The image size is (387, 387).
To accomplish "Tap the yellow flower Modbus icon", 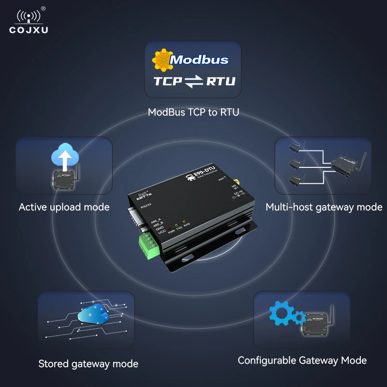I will pos(162,59).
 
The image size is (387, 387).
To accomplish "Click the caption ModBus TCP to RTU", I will pos(193,113).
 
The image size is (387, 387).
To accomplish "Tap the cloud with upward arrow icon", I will pos(63,154).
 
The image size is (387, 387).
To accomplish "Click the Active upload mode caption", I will pos(64,207).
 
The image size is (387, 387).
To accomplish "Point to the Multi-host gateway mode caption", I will pos(324,207).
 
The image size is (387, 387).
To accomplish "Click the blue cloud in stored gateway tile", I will pos(91,314).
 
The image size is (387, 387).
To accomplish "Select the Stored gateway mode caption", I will pos(88,364).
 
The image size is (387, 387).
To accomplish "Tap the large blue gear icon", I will pos(281,313).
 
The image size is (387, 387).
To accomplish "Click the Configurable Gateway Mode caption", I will pos(302,360).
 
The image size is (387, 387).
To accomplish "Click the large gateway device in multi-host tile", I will pos(346,164).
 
